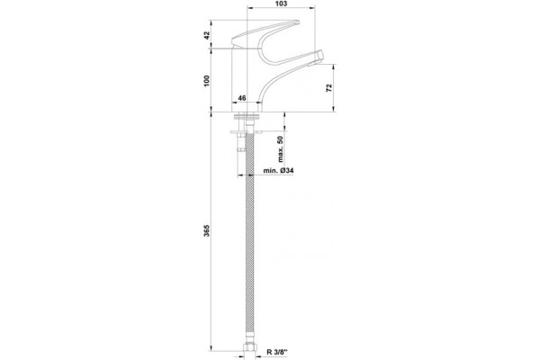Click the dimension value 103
(x=282, y=4)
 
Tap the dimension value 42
(x=207, y=35)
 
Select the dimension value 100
(x=207, y=81)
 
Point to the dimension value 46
(x=242, y=98)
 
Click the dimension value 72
(x=329, y=87)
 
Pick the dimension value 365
(x=207, y=230)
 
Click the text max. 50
(x=281, y=148)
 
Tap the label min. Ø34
(x=279, y=170)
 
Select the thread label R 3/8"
(x=277, y=352)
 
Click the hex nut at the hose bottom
(x=248, y=346)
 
